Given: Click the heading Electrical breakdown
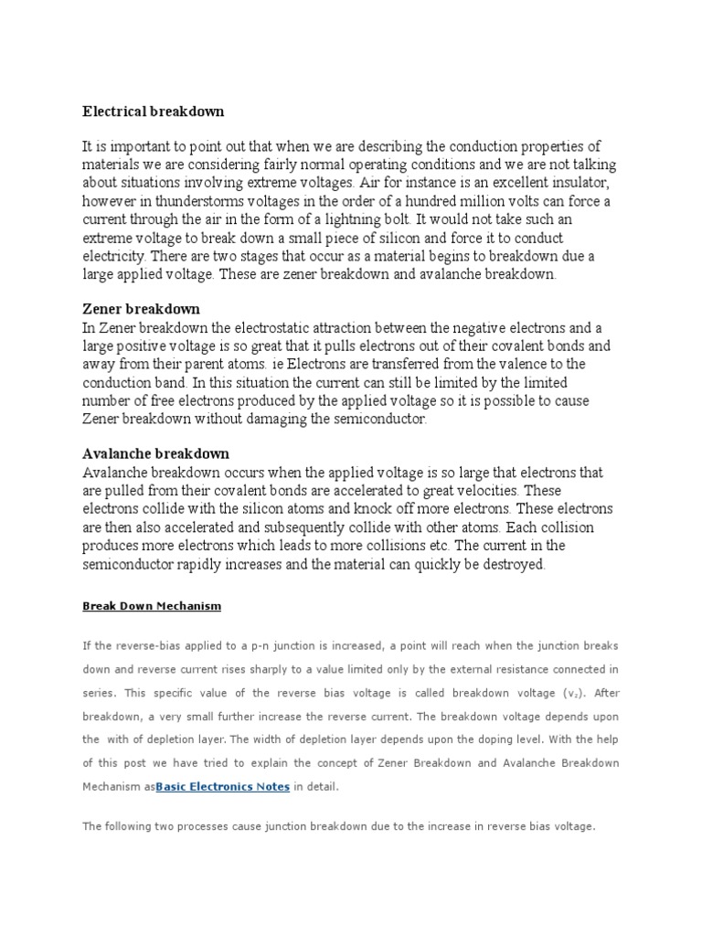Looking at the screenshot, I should pyautogui.click(x=153, y=112).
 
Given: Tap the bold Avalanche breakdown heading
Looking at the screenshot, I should pyautogui.click(x=155, y=453).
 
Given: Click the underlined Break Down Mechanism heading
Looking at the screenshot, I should pyautogui.click(x=152, y=606).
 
